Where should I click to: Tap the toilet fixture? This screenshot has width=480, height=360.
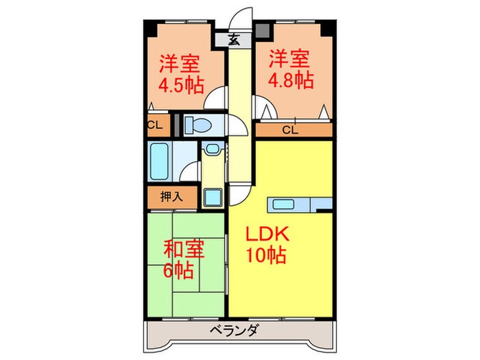pyautogui.click(x=201, y=125)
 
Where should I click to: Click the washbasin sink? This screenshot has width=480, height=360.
pyautogui.click(x=213, y=149)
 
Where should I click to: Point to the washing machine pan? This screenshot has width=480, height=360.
pyautogui.click(x=212, y=197)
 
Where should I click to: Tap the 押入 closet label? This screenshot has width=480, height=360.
pyautogui.click(x=171, y=197)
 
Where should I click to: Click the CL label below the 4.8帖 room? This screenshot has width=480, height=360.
pyautogui.click(x=291, y=129)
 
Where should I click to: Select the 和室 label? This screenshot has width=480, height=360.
pyautogui.click(x=183, y=248)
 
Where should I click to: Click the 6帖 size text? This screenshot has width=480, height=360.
pyautogui.click(x=178, y=270)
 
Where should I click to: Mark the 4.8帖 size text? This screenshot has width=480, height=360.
pyautogui.click(x=291, y=79)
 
